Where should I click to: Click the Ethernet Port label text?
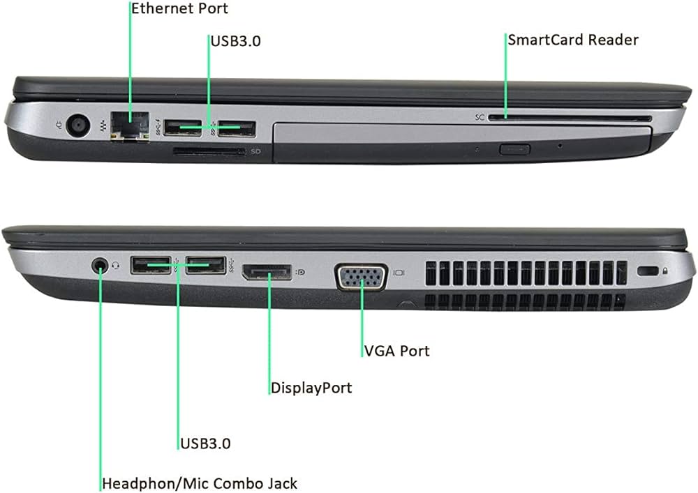[x=179, y=9]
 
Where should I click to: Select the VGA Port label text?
[x=397, y=351]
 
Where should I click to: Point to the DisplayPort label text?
[x=311, y=388]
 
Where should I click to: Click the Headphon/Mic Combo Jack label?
[x=200, y=483]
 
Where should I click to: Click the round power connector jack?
[x=79, y=126]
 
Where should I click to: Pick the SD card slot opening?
[x=208, y=151]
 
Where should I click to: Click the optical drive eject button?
[x=515, y=148]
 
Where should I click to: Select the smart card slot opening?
[x=569, y=118]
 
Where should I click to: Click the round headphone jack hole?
[x=101, y=265]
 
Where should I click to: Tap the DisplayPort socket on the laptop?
[x=268, y=272]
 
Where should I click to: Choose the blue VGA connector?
[x=361, y=275]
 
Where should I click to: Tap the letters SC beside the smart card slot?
[x=480, y=118]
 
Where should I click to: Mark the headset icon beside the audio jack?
[x=115, y=264]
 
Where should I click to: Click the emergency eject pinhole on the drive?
[x=560, y=146]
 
